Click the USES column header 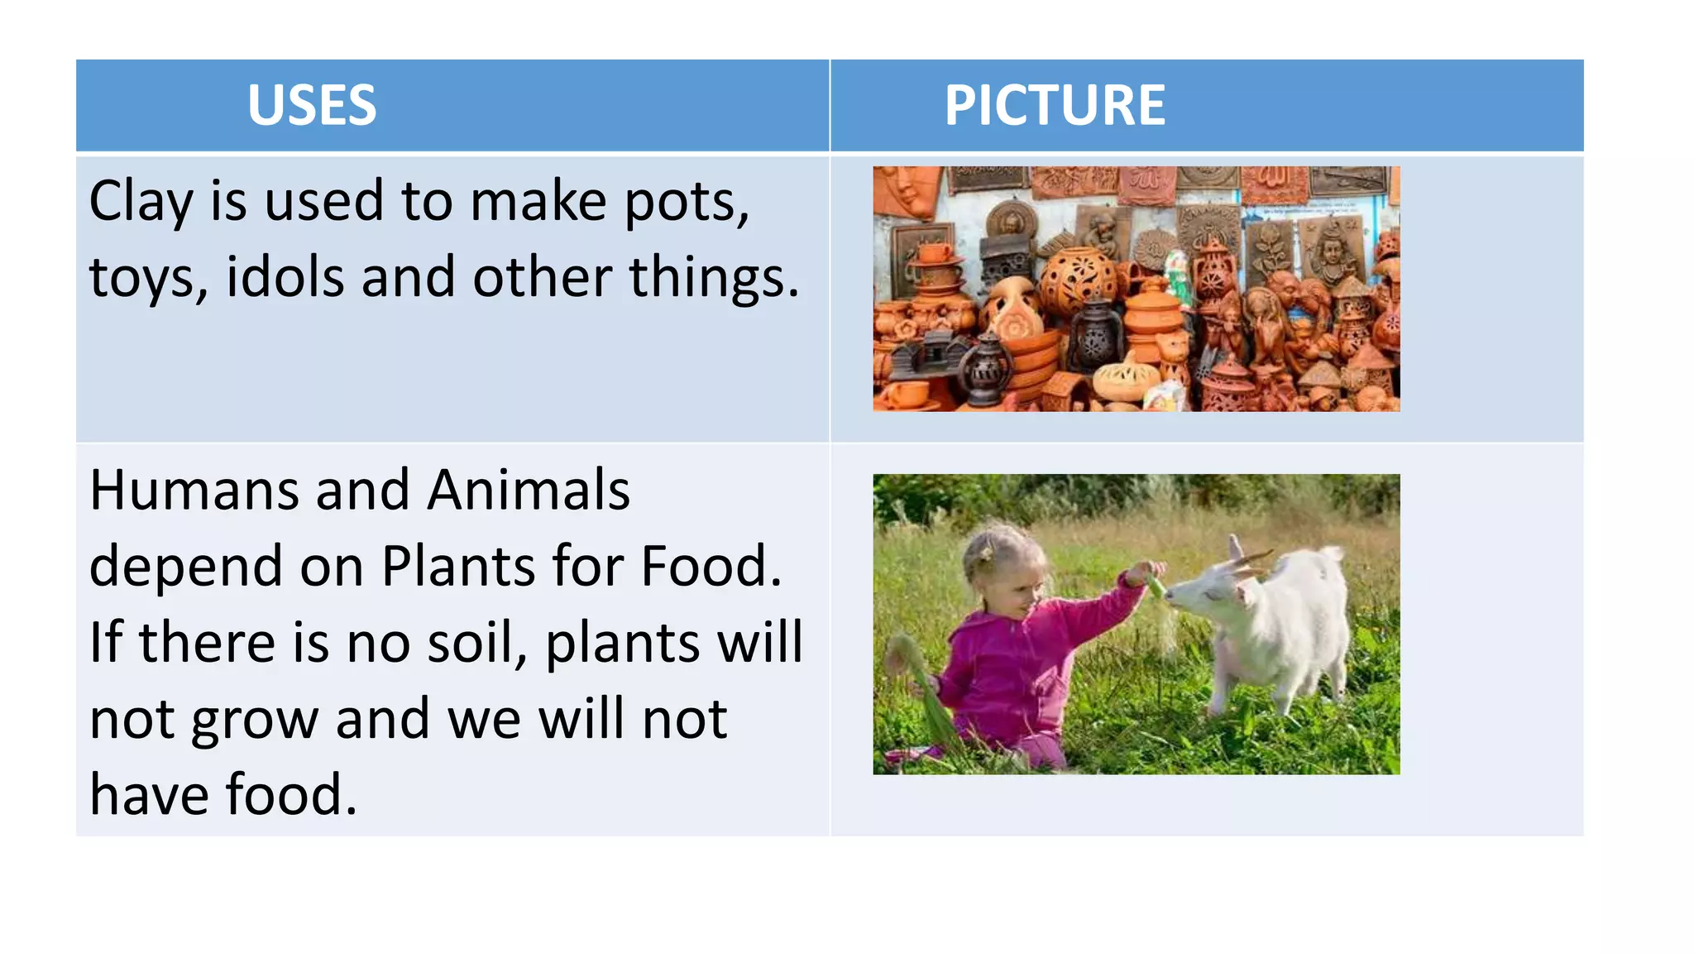click(312, 106)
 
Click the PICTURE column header click(1055, 106)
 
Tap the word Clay click(141, 203)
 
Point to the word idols click(285, 277)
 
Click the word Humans click(194, 491)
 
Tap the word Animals click(529, 491)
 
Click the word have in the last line click(148, 795)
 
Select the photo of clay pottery click(1136, 289)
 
